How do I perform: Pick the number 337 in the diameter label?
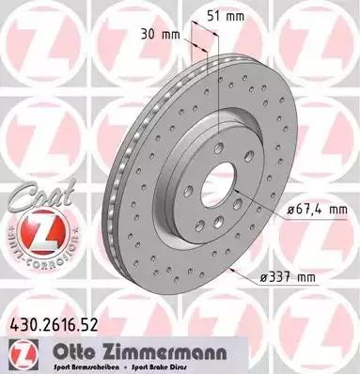click(299, 278)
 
